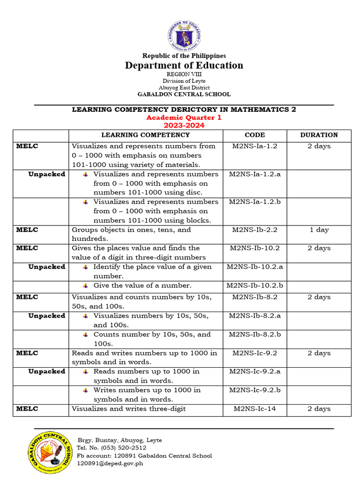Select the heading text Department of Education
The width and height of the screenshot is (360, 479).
184,65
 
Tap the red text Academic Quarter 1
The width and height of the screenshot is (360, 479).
184,117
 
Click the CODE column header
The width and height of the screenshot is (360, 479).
255,135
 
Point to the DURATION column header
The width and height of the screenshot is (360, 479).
319,135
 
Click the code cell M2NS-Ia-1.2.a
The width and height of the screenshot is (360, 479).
255,174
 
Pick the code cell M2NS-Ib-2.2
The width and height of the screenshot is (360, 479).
255,230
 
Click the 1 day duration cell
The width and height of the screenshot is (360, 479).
319,230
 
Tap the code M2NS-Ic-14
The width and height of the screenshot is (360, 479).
255,409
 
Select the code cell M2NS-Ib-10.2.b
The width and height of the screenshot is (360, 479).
255,285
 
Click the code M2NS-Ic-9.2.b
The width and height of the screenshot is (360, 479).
255,390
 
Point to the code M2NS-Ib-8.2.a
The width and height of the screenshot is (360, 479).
255,316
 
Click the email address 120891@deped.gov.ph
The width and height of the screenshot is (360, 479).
110,464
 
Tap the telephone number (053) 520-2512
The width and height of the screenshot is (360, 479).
115,448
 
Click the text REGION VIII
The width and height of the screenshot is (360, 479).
184,74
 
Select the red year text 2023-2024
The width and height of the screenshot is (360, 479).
184,125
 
